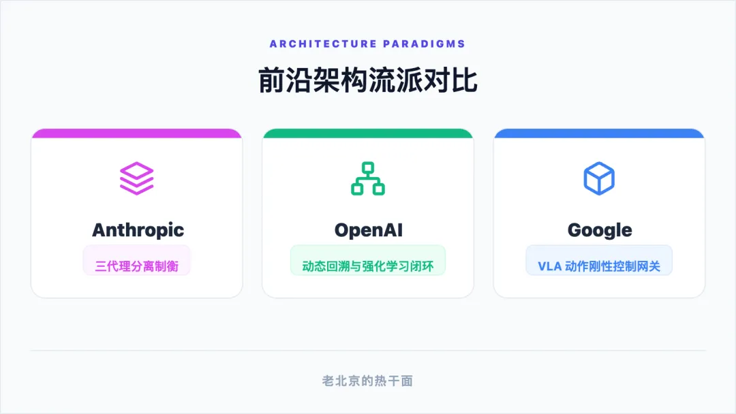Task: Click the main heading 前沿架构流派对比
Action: [368, 80]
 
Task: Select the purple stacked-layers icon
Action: [137, 178]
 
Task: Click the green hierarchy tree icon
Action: [368, 178]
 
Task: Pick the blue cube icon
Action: [599, 178]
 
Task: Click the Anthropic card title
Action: [138, 230]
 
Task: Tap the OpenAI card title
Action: [368, 230]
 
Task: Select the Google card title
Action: [600, 230]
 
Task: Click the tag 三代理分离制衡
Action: [137, 266]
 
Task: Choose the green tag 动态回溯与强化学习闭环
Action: [368, 266]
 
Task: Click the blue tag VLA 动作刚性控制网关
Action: [599, 266]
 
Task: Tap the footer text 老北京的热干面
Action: [368, 381]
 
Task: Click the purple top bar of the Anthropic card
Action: [137, 133]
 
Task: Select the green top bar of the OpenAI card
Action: [368, 133]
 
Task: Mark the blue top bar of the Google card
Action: [599, 133]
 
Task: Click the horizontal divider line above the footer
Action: [368, 351]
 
